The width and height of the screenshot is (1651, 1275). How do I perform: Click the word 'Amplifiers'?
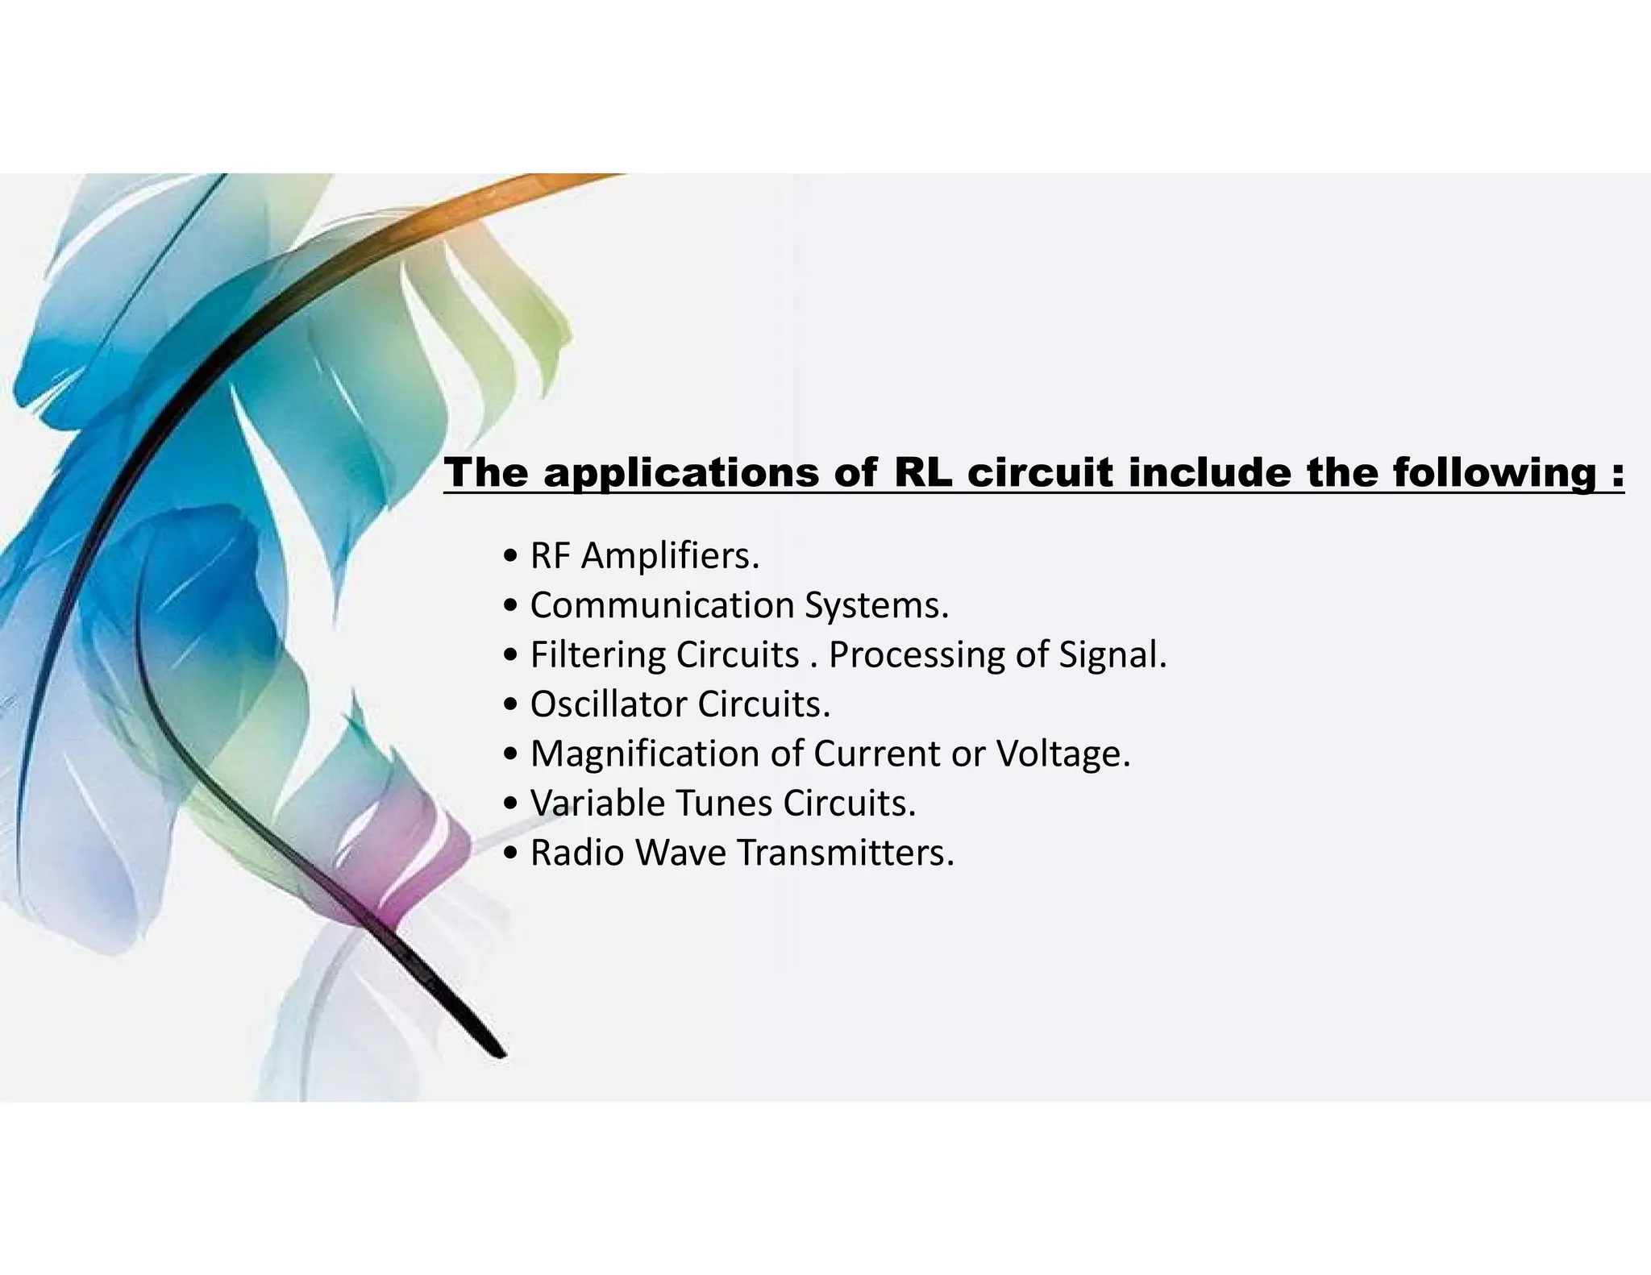pyautogui.click(x=668, y=556)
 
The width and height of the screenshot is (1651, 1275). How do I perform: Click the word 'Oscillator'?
pyautogui.click(x=608, y=704)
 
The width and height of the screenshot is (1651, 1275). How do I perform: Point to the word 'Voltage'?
pyautogui.click(x=1063, y=754)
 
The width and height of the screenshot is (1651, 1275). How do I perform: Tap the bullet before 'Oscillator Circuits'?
pyautogui.click(x=509, y=704)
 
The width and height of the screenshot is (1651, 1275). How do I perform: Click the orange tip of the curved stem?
pyautogui.click(x=597, y=179)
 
